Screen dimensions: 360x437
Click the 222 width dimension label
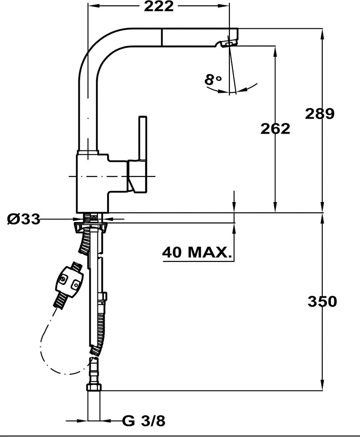[x=159, y=6]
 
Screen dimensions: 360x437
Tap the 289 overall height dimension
[x=320, y=113]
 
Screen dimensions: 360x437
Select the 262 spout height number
[x=275, y=129]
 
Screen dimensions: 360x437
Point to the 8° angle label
[x=213, y=80]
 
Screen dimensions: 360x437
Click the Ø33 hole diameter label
[x=23, y=219]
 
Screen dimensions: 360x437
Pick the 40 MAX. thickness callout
[x=197, y=252]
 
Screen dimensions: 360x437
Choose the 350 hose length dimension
[x=322, y=302]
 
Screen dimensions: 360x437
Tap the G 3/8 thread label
[x=144, y=421]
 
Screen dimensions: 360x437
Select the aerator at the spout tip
[x=228, y=43]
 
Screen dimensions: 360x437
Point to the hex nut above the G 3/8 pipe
[x=94, y=387]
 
